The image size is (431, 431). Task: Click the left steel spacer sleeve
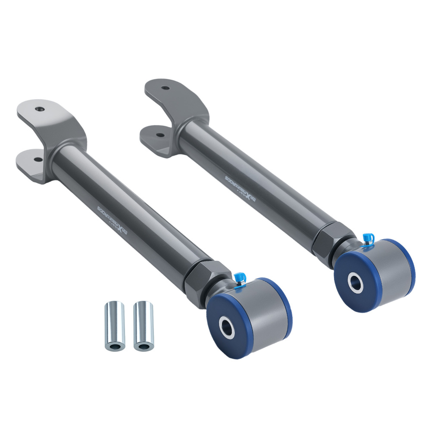point(114,325)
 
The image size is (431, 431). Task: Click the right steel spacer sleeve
point(143,325)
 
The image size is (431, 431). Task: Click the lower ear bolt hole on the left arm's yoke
point(38,159)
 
